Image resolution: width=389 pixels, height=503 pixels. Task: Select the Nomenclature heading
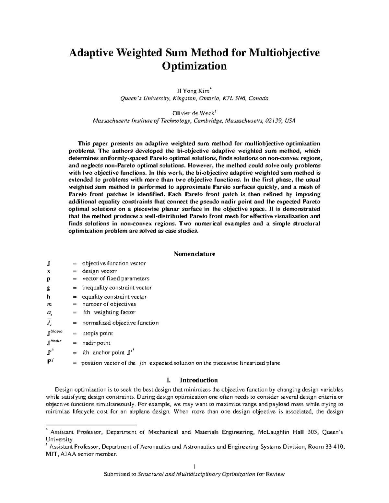(x=194, y=254)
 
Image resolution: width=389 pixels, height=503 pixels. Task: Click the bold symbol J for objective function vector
(x=48, y=264)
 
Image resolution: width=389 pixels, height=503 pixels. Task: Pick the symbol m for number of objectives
(x=49, y=304)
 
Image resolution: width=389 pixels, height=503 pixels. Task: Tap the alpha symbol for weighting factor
(x=49, y=313)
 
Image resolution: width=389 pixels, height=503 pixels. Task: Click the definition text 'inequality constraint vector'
(x=117, y=288)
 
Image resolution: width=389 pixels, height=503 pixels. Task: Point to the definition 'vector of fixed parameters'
(x=115, y=279)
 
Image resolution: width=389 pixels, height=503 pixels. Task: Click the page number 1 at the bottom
(x=194, y=467)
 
